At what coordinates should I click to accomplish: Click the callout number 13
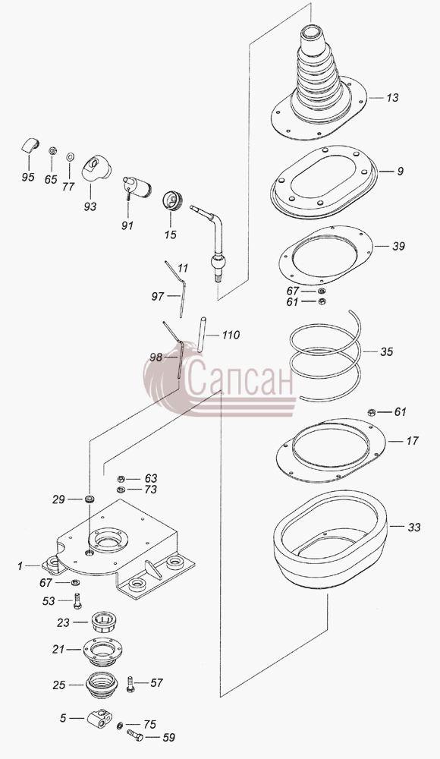pyautogui.click(x=392, y=98)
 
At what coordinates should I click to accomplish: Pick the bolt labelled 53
pyautogui.click(x=77, y=600)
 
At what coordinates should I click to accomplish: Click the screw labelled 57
pyautogui.click(x=130, y=684)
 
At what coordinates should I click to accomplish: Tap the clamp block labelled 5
pyautogui.click(x=100, y=719)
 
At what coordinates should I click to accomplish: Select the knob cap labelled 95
pyautogui.click(x=30, y=144)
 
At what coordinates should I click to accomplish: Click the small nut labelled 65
pyautogui.click(x=52, y=151)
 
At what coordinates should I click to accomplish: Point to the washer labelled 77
pyautogui.click(x=70, y=156)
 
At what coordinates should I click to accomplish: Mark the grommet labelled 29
pyautogui.click(x=89, y=499)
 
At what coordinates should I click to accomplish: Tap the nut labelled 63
pyautogui.click(x=121, y=479)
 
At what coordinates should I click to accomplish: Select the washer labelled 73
pyautogui.click(x=121, y=490)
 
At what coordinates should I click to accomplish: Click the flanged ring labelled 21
pyautogui.click(x=101, y=650)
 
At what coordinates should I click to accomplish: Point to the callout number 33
pyautogui.click(x=414, y=527)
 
